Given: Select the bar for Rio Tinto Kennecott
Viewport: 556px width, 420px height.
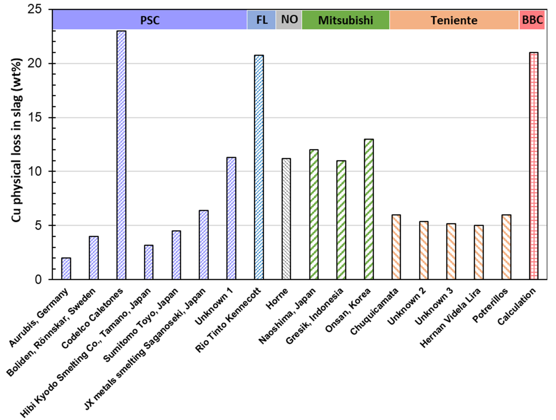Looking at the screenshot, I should pos(259,167).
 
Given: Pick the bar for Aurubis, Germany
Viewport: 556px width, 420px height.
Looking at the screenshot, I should pos(66,268).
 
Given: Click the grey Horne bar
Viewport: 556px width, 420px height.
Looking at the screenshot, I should pos(286,219).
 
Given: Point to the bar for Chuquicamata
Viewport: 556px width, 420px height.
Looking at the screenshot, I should pos(396,247).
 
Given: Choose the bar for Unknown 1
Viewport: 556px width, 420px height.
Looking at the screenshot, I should pos(231,218).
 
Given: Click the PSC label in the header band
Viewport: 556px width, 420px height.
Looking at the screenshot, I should pos(150,20).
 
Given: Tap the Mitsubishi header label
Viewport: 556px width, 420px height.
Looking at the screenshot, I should pos(346,20).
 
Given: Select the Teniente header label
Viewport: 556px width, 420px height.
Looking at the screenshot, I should pos(454,20).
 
